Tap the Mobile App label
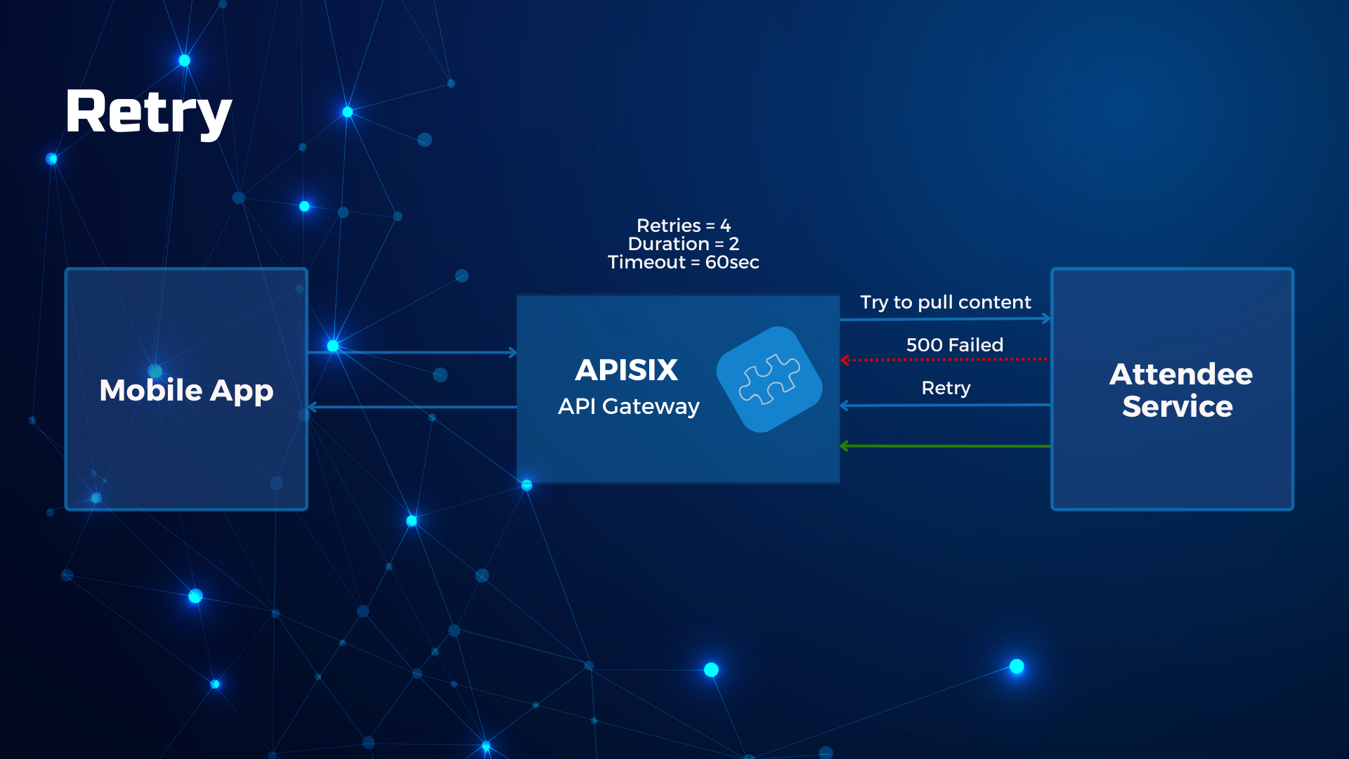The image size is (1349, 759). point(186,391)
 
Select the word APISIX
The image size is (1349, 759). point(627,370)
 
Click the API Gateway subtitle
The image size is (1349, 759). point(629,406)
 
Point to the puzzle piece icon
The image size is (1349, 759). point(769,379)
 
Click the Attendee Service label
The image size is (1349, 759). point(1180,390)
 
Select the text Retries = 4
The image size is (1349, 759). point(684,226)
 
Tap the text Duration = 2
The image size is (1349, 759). point(684,244)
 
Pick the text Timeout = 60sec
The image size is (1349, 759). point(684,262)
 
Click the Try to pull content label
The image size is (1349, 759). point(946,302)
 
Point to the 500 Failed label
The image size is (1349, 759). point(955,345)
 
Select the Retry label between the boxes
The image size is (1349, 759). point(946,388)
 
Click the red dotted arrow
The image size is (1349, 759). point(946,360)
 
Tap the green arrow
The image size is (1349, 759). point(946,446)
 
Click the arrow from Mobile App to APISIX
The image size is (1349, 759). point(412,352)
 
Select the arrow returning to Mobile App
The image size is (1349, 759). point(412,407)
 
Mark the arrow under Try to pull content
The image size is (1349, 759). point(946,319)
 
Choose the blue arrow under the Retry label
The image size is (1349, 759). point(946,406)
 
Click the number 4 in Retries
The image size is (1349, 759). point(726,226)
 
